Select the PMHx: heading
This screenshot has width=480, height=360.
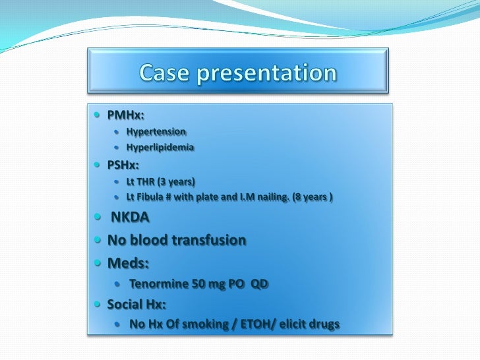coord(125,117)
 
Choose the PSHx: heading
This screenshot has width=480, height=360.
coord(124,165)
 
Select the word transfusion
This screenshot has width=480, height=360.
coord(209,240)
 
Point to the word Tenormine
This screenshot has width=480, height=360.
coord(161,284)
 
